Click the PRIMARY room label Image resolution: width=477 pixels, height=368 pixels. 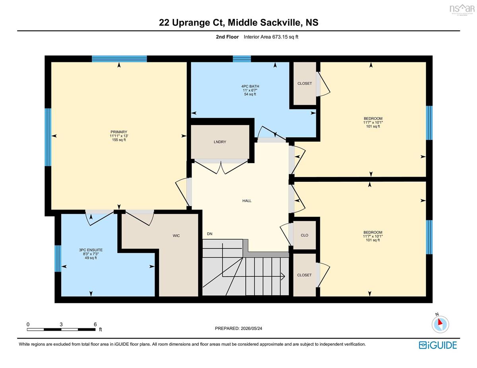[x=119, y=132]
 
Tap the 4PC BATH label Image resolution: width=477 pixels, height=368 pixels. [x=250, y=87]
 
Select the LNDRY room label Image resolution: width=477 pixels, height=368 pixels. [x=220, y=142]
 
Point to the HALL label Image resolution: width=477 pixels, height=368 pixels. [x=247, y=200]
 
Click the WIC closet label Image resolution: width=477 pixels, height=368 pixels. [x=176, y=236]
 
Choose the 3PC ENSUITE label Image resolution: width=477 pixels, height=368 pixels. [x=91, y=250]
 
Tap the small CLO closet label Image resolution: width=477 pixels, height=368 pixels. [x=304, y=235]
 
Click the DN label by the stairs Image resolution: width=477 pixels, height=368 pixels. [x=209, y=234]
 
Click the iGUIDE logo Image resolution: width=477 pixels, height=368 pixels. [x=438, y=345]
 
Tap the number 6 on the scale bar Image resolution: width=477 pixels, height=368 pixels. [x=95, y=324]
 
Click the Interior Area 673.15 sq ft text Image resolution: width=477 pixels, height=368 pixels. [x=271, y=37]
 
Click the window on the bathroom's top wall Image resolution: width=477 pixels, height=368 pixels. [x=242, y=59]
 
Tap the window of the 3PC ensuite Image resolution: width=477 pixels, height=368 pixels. [x=58, y=258]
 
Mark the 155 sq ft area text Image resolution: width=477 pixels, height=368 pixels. [x=119, y=140]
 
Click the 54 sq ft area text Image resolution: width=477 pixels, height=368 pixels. [x=250, y=94]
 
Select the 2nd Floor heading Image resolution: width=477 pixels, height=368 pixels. [x=227, y=37]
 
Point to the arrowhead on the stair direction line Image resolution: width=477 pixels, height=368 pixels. [x=283, y=276]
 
